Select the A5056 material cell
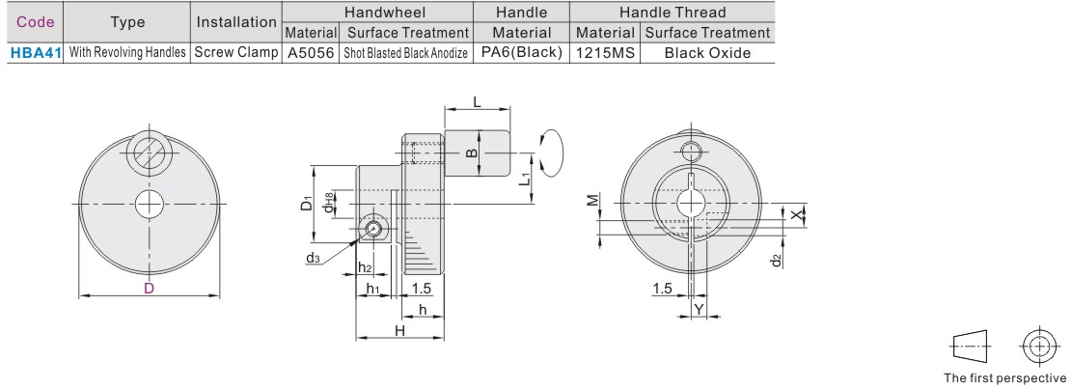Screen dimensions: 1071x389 [x=311, y=53]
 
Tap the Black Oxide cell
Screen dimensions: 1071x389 [x=707, y=53]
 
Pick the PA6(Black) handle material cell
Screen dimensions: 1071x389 [x=522, y=53]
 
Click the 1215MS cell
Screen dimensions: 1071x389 [x=605, y=53]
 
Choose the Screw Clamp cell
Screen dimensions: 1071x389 [x=236, y=53]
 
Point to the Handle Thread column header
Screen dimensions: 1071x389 [x=673, y=13]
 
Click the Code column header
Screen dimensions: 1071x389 [x=36, y=22]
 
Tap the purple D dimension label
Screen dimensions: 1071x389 [x=149, y=289]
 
